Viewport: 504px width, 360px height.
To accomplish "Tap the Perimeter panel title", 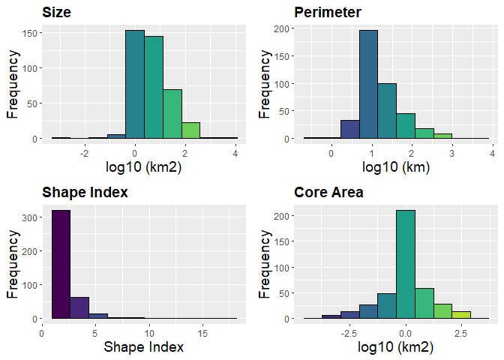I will pos(328,12).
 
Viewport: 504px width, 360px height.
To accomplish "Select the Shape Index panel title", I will pos(85,192).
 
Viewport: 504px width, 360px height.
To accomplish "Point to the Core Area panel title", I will pos(328,192).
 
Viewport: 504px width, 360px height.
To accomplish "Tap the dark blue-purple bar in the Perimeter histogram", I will pos(350,129).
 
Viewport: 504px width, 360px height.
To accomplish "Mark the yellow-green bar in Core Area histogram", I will pos(460,314).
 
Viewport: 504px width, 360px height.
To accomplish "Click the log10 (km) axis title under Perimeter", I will pos(395,167).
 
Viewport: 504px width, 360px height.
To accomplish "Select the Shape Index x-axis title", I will pos(143,347).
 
